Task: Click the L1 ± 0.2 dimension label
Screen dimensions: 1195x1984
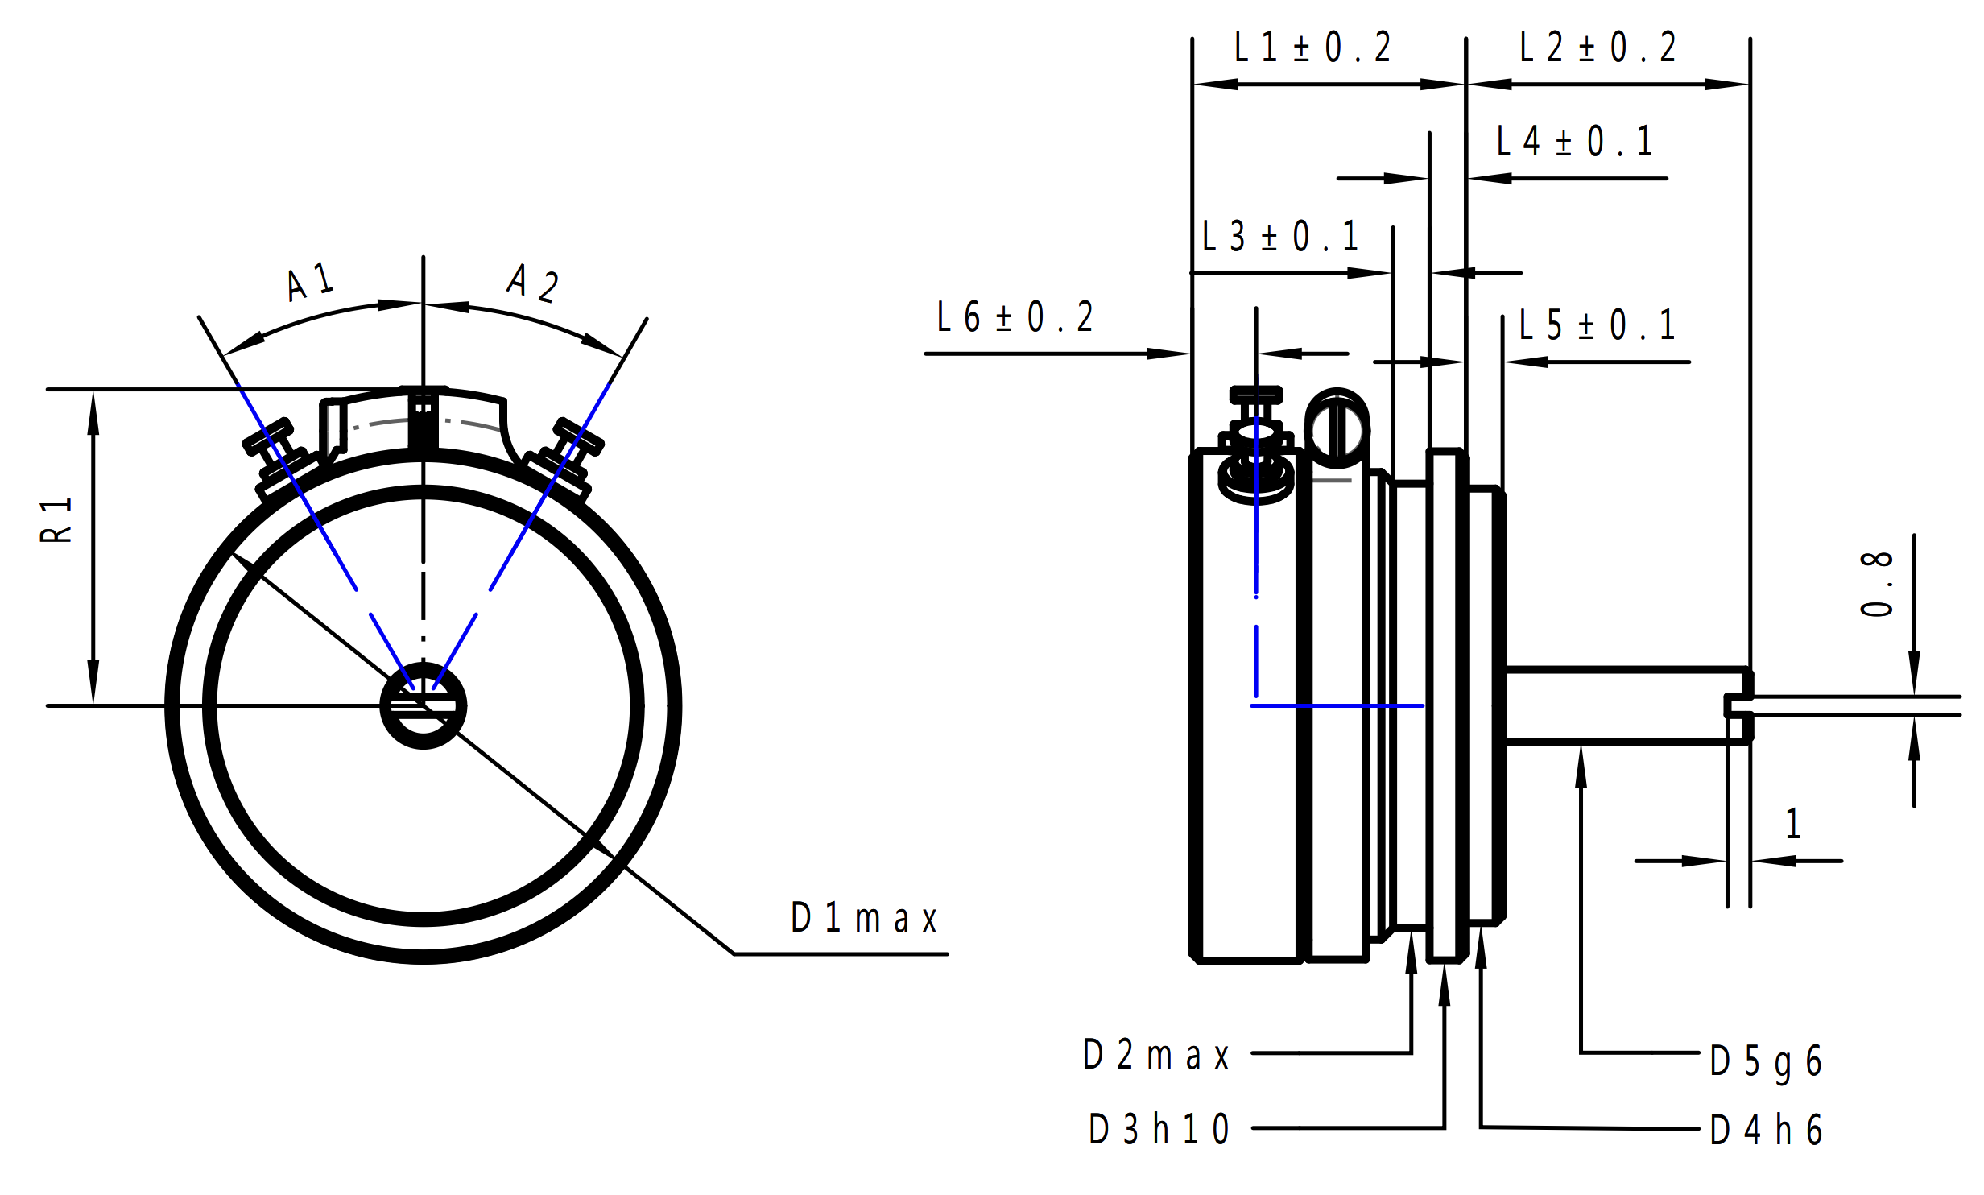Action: tap(1312, 48)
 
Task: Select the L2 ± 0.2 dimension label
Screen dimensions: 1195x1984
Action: tap(1598, 48)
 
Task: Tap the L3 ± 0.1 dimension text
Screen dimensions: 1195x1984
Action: tap(1280, 237)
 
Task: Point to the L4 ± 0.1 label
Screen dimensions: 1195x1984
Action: tap(1574, 142)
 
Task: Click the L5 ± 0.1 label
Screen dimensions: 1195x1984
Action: tap(1597, 325)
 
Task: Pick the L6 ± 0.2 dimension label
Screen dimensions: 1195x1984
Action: tap(1015, 317)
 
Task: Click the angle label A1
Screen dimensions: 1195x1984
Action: tap(310, 281)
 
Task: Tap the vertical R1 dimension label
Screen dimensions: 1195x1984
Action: tap(56, 520)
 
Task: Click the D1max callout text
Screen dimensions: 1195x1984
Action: tap(864, 919)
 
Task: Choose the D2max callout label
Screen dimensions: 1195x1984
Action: tap(1155, 1056)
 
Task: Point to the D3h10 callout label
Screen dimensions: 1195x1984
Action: tap(1159, 1129)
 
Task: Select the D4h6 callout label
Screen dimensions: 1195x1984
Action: tap(1766, 1130)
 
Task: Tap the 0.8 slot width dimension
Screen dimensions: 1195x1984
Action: tap(1876, 585)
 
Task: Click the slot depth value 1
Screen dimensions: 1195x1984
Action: tap(1793, 824)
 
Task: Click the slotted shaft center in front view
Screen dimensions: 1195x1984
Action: tap(423, 706)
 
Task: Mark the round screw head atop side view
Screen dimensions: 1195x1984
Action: tap(1337, 429)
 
